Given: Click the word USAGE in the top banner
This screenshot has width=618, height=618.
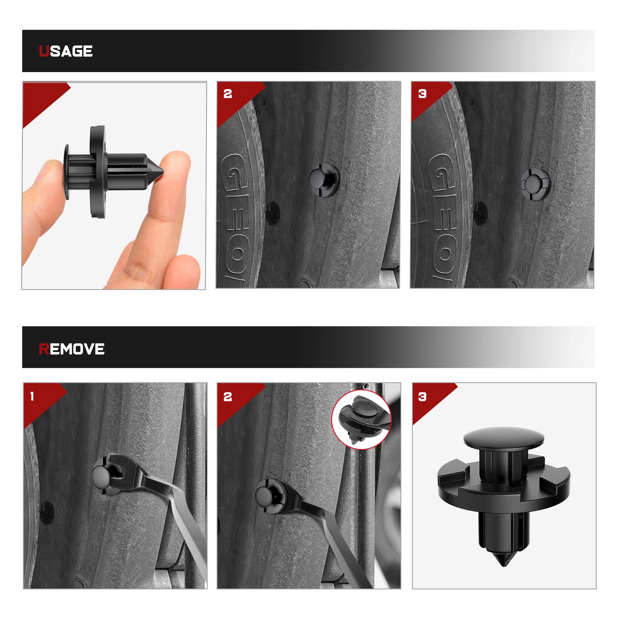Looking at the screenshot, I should coord(66,51).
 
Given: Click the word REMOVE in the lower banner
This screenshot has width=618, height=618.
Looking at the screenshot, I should coord(72,349).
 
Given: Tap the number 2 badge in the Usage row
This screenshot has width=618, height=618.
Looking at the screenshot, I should coord(228,94).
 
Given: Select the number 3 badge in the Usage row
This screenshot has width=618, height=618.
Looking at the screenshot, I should coord(422,94).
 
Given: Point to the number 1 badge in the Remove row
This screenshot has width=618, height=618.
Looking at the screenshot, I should coord(32,397).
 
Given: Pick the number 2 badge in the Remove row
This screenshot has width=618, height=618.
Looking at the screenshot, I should coord(228,397).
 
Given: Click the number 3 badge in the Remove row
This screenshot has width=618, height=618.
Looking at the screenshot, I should coord(422,397).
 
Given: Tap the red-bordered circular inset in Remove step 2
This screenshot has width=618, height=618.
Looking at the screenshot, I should coord(361,419).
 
